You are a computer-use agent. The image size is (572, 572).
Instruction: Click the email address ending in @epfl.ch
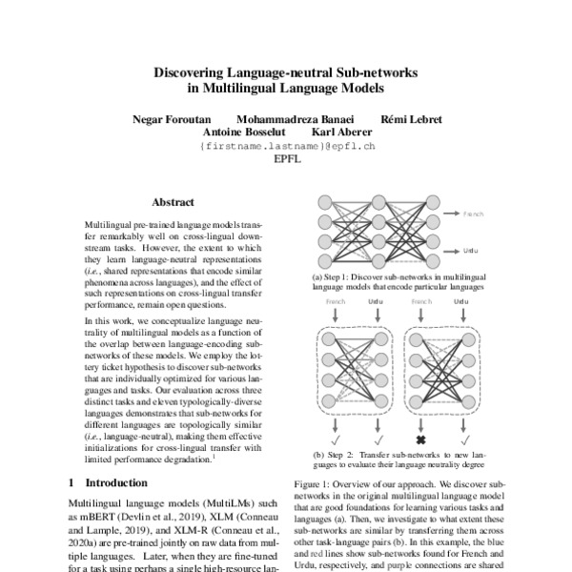[287, 147]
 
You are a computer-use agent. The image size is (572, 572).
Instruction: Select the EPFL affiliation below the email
[287, 160]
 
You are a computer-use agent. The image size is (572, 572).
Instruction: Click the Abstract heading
[173, 202]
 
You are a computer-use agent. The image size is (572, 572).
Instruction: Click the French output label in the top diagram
[473, 215]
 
